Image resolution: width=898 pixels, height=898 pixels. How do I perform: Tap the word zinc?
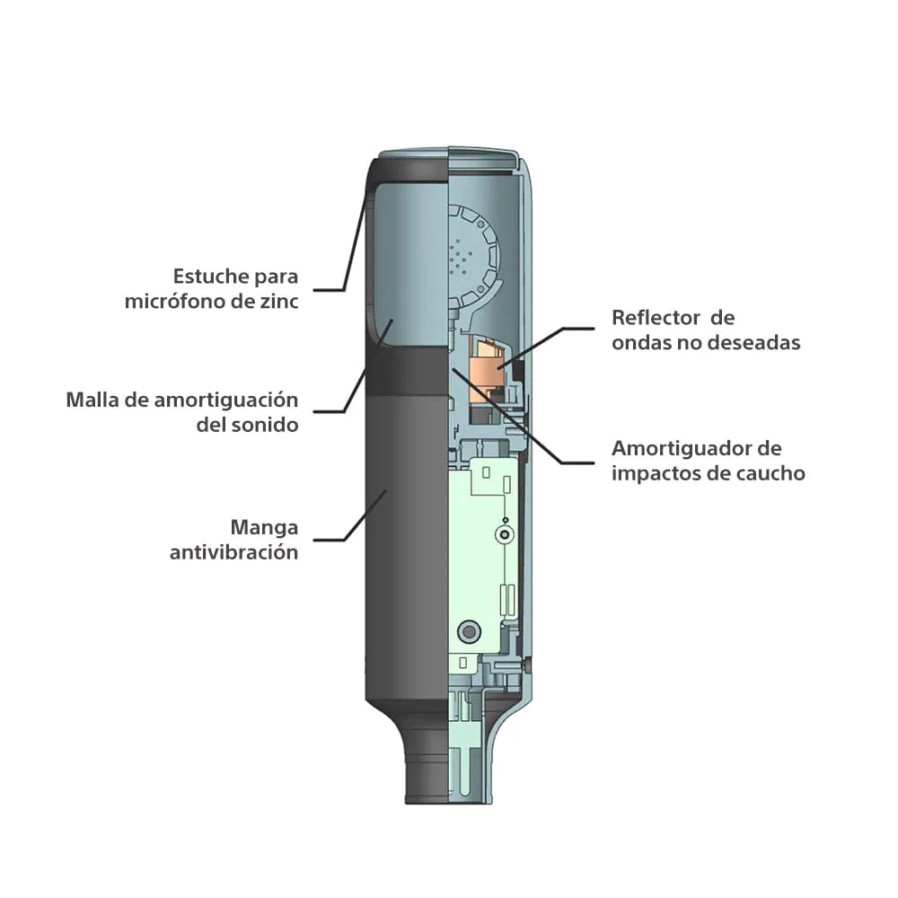(x=279, y=301)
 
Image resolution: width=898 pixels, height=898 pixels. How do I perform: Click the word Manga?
(x=264, y=527)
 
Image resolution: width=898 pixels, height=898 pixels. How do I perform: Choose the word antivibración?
(x=233, y=552)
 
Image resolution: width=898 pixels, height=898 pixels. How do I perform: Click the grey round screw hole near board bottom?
(x=469, y=631)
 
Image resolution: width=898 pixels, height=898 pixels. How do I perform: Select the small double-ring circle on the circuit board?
(x=504, y=535)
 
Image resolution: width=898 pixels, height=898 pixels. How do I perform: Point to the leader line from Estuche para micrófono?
(x=344, y=241)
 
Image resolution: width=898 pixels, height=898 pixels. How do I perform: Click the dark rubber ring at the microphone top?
(x=408, y=172)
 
